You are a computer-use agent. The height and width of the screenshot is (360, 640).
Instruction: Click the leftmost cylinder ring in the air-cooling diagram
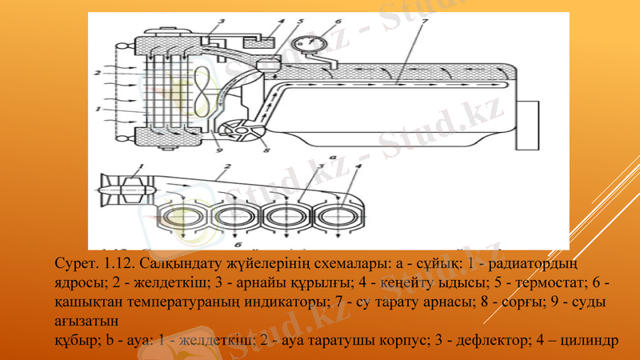pyautogui.click(x=183, y=217)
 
